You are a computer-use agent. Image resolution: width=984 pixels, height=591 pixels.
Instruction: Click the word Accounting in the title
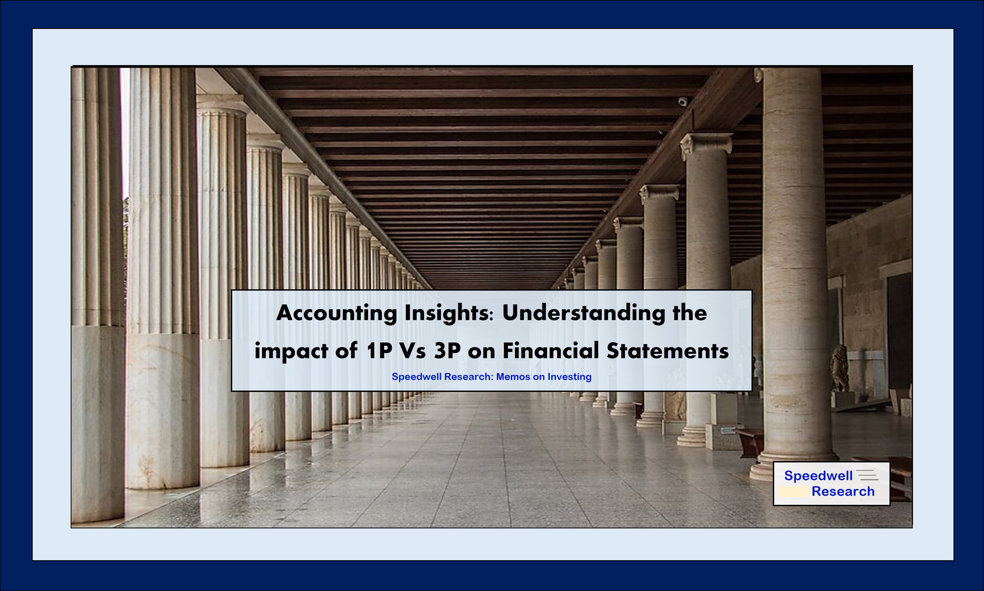pyautogui.click(x=336, y=313)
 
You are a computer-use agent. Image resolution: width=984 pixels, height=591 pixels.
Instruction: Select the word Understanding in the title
pyautogui.click(x=584, y=313)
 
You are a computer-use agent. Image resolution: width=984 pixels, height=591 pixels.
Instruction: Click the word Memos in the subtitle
pyautogui.click(x=513, y=377)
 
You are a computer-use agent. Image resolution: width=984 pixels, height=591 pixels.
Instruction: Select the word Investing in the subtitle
pyautogui.click(x=569, y=377)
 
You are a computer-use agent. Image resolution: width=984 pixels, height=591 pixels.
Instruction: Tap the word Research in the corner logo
pyautogui.click(x=843, y=491)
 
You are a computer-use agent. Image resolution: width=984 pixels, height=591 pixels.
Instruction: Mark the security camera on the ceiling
pyautogui.click(x=683, y=102)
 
